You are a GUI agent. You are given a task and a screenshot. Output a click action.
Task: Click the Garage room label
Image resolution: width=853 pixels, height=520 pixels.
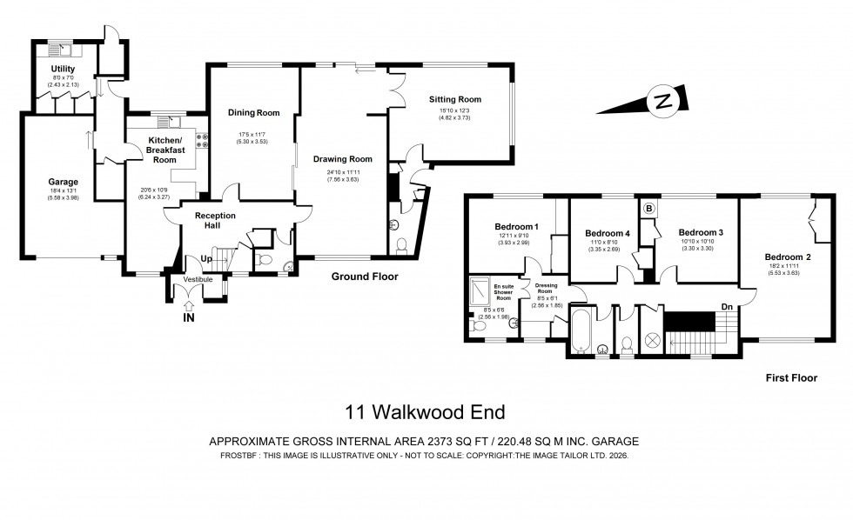(x=63, y=182)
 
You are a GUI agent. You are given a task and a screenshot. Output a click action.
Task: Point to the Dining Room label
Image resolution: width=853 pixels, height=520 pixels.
(x=253, y=113)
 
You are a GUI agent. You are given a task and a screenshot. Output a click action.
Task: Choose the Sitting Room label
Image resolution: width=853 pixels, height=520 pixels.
(x=454, y=100)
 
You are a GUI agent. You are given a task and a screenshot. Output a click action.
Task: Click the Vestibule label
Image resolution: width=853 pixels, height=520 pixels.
(x=198, y=279)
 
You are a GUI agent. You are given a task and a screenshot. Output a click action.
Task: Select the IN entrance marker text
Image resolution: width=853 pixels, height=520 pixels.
(x=188, y=318)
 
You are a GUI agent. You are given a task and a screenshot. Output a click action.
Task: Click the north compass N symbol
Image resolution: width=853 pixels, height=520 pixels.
(x=665, y=101)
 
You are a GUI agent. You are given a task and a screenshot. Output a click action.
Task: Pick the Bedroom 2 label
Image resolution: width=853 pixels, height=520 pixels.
(x=787, y=257)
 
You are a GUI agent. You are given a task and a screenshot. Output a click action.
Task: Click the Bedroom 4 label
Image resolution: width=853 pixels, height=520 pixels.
(x=607, y=233)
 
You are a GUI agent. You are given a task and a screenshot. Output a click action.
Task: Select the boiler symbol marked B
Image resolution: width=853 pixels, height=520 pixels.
(x=648, y=209)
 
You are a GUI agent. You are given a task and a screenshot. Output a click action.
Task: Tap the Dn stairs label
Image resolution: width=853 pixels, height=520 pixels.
(x=726, y=306)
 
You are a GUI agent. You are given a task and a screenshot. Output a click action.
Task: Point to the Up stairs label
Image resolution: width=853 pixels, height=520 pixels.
(x=206, y=259)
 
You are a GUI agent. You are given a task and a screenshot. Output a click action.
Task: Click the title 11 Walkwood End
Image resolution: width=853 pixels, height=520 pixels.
(x=425, y=411)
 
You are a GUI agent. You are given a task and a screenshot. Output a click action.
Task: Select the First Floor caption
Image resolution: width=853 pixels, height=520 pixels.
(x=789, y=377)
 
